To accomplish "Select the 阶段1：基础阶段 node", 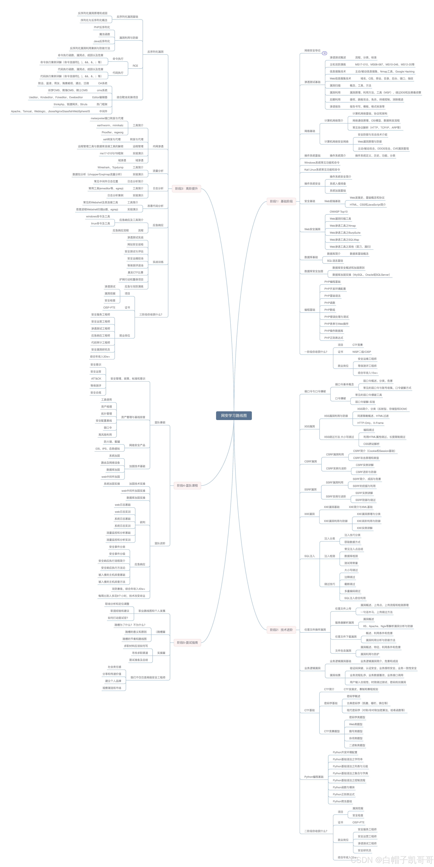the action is point(281,201).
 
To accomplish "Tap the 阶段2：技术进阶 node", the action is point(281,629).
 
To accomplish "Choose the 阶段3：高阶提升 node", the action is point(186,188).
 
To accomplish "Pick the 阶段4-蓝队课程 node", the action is point(187,485).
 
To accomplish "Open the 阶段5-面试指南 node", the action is point(187,643).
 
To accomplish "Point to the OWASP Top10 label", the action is point(339,212).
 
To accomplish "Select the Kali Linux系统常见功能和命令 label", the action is point(322,170).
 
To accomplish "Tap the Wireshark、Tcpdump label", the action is point(111,167).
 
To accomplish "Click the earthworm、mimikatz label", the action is point(110,125).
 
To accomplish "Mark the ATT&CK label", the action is point(96,379).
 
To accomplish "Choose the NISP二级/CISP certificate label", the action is point(362,352).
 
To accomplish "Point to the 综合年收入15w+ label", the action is point(368,373).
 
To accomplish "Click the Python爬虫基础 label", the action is point(342,801).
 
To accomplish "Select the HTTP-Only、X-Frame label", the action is point(370,423).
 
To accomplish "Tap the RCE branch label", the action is point(135,66).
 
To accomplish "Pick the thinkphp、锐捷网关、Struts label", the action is point(70,104).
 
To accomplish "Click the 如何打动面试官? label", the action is point(118,618).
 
